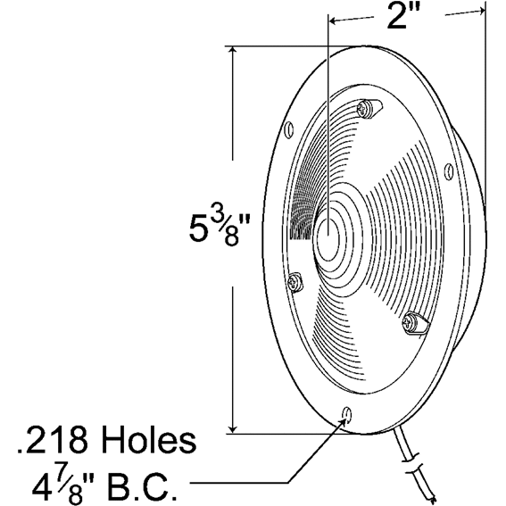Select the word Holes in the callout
148,440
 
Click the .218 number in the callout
53,440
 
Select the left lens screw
295,282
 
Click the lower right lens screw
416,324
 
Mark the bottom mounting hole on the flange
347,414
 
